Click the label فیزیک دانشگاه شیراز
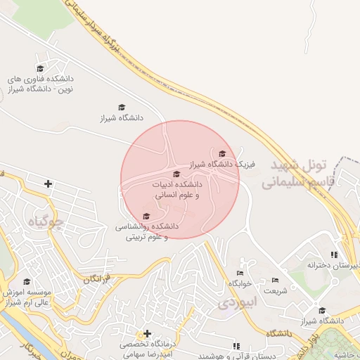[x=220, y=165]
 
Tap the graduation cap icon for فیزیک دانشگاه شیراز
[x=223, y=153]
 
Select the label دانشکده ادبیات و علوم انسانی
[x=176, y=188]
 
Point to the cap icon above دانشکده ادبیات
[x=176, y=174]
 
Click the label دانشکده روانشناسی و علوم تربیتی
[x=148, y=232]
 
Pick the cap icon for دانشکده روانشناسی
[x=146, y=216]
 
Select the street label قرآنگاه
[x=96, y=279]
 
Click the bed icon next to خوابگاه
[x=240, y=273]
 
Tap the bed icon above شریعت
[x=275, y=281]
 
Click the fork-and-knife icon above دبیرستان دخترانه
[x=333, y=255]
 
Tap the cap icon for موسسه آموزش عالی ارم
[x=27, y=282]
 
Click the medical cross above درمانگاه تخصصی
[x=147, y=333]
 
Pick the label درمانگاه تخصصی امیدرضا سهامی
[x=146, y=350]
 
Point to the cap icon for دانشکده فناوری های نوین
[x=40, y=68]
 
